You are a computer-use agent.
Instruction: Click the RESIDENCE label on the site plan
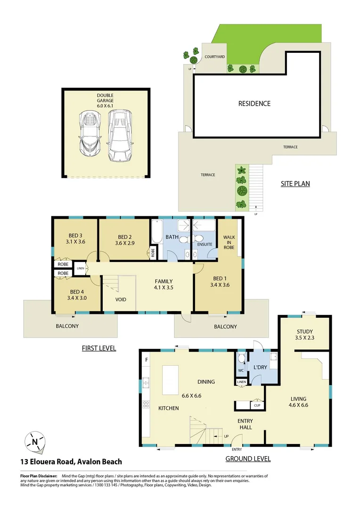coord(254,103)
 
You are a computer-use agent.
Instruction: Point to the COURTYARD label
coord(214,57)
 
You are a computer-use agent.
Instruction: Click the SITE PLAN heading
coord(295,184)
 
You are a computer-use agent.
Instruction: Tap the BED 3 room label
coord(74,236)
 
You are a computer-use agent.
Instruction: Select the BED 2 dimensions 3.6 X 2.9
coord(124,244)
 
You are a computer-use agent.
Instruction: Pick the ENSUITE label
coord(205,244)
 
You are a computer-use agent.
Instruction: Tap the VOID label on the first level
coord(121,299)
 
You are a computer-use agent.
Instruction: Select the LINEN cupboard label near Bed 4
coord(80,268)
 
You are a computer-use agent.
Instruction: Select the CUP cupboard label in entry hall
coord(257,405)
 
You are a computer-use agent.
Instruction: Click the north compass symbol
coord(35,442)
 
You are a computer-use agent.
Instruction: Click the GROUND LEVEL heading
coord(248,459)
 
